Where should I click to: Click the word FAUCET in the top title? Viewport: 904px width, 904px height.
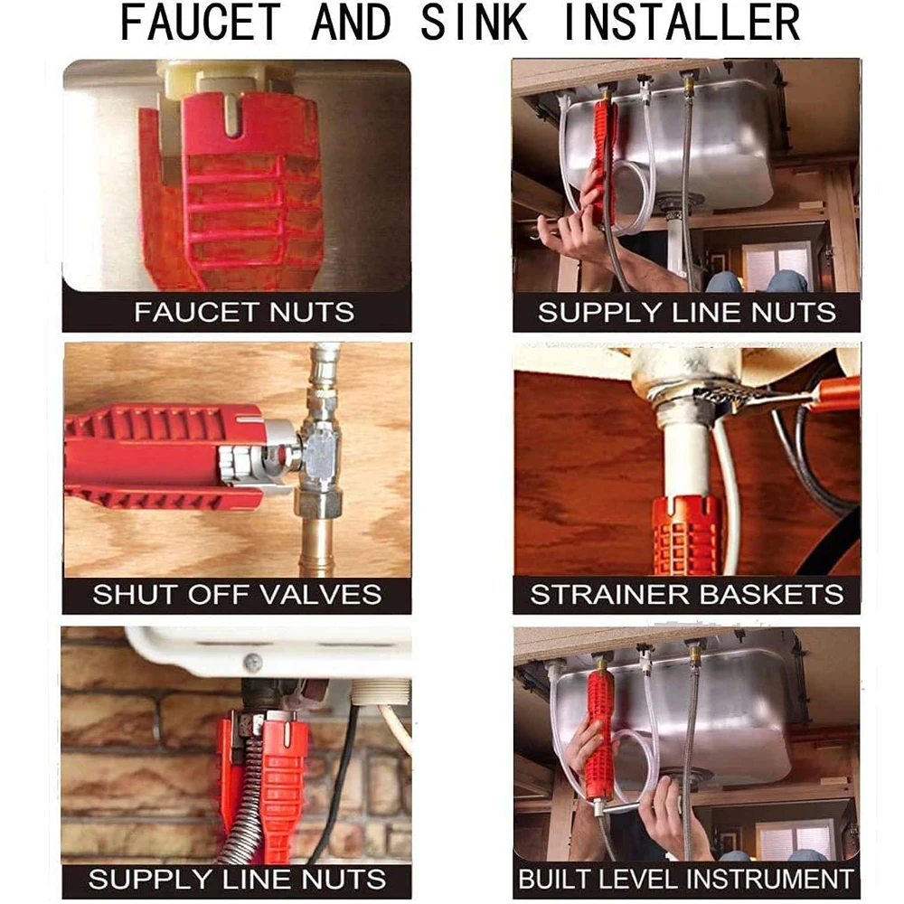click(200, 23)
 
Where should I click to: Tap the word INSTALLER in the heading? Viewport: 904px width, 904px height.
click(682, 23)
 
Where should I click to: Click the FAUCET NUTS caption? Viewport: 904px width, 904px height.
click(244, 313)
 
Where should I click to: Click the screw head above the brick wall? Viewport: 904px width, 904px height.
click(252, 663)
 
